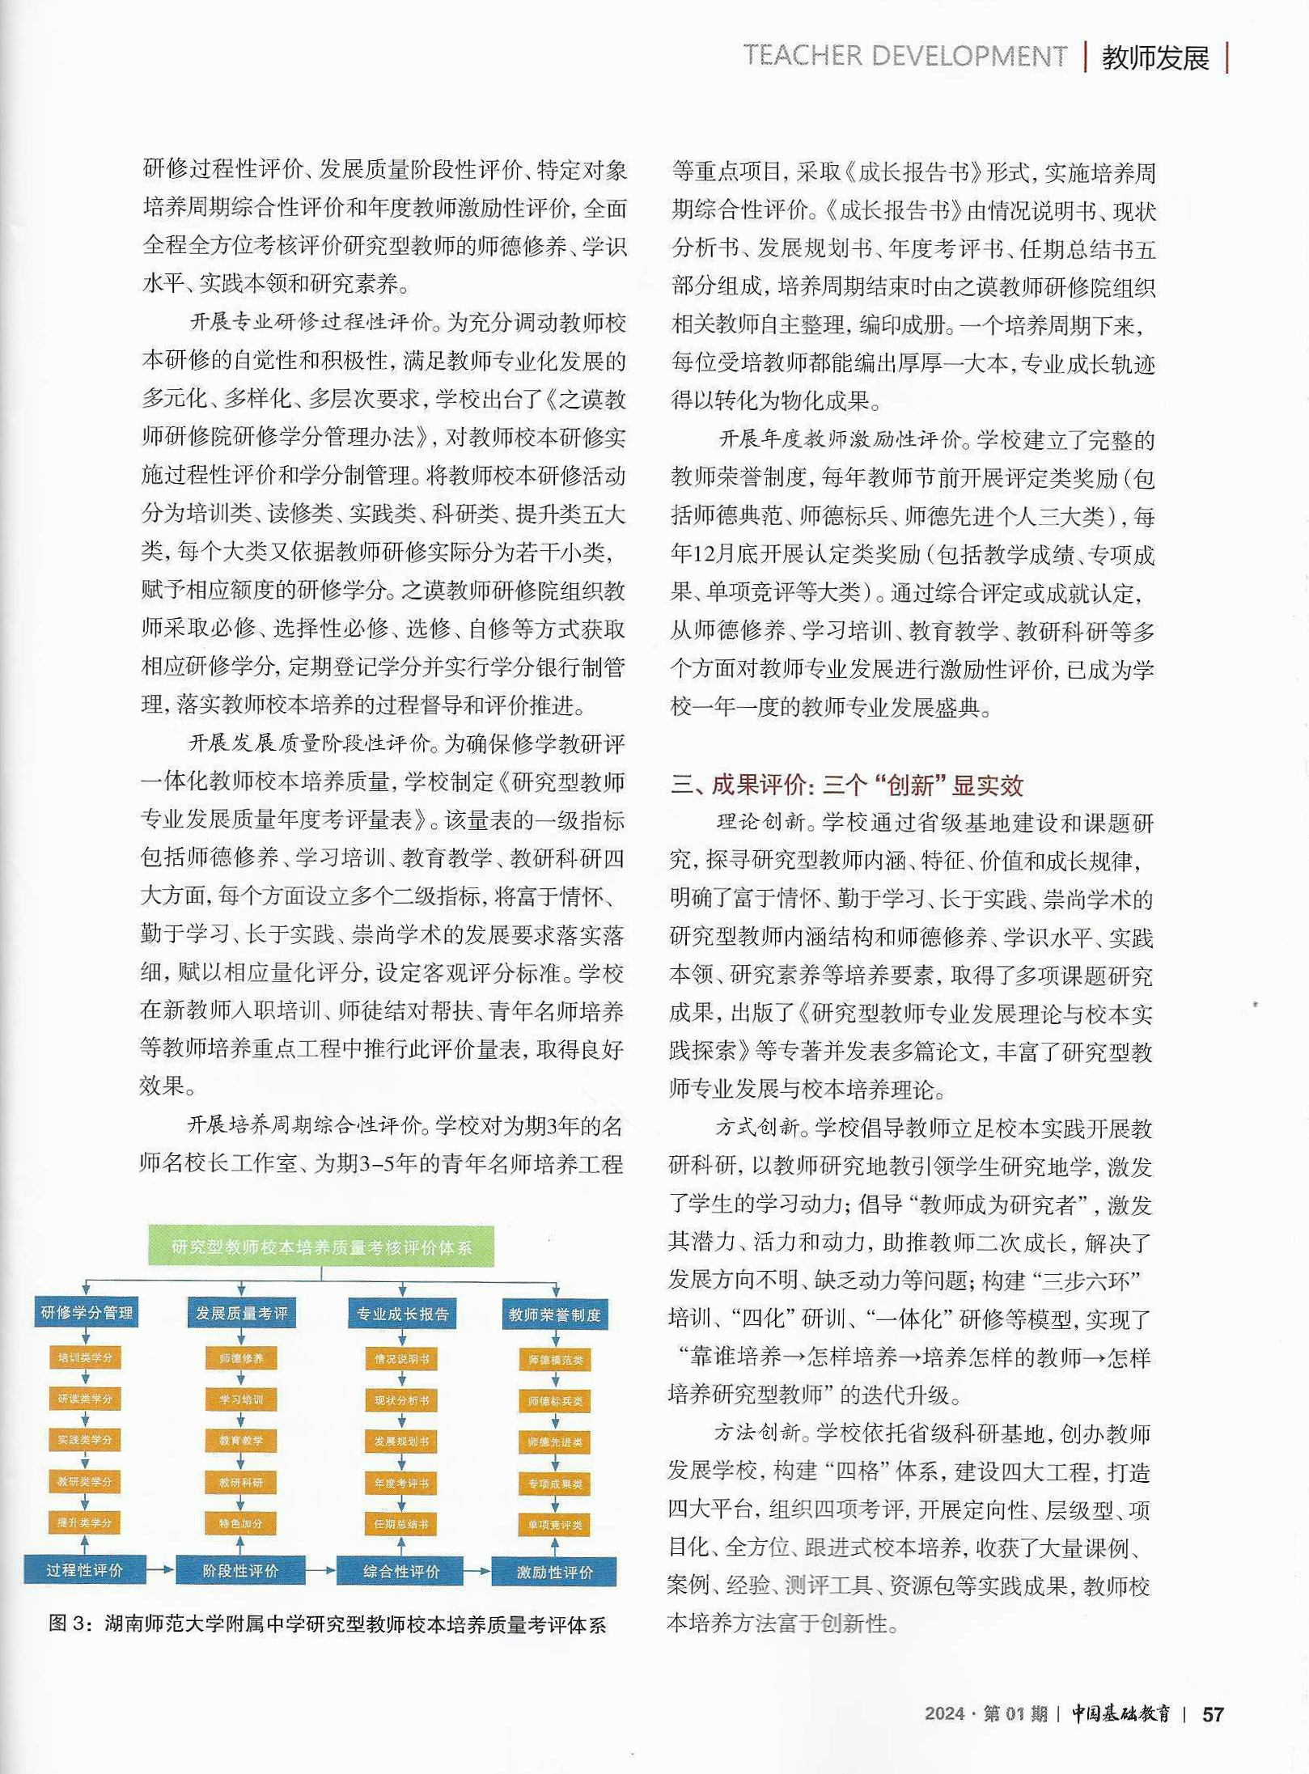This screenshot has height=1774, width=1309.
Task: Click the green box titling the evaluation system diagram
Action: click(x=320, y=1247)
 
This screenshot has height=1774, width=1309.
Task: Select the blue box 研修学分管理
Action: click(x=87, y=1312)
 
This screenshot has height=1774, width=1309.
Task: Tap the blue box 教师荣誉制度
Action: click(x=554, y=1315)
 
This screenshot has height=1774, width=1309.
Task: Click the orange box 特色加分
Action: click(x=241, y=1523)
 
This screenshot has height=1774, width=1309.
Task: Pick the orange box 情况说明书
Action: click(x=401, y=1359)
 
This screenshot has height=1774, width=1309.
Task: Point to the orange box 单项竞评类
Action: click(x=554, y=1525)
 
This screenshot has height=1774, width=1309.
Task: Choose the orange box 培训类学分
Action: click(x=85, y=1357)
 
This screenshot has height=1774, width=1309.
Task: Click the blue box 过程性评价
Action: click(x=85, y=1570)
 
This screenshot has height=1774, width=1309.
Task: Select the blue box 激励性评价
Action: click(x=554, y=1572)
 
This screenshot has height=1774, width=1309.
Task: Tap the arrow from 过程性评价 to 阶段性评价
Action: click(x=161, y=1570)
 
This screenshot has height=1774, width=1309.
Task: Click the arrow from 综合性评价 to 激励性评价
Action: click(x=477, y=1571)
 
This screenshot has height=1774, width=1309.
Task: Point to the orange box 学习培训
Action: click(x=241, y=1399)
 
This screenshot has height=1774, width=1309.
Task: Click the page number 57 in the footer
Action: click(x=1212, y=1714)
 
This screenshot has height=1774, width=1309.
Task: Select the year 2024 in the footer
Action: click(x=944, y=1713)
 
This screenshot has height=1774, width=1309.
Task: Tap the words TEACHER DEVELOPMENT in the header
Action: click(x=904, y=56)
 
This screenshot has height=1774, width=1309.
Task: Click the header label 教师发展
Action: click(x=1155, y=57)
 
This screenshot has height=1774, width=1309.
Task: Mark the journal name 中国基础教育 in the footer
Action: click(x=1120, y=1713)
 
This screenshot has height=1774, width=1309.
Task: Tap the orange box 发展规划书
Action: click(x=401, y=1442)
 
